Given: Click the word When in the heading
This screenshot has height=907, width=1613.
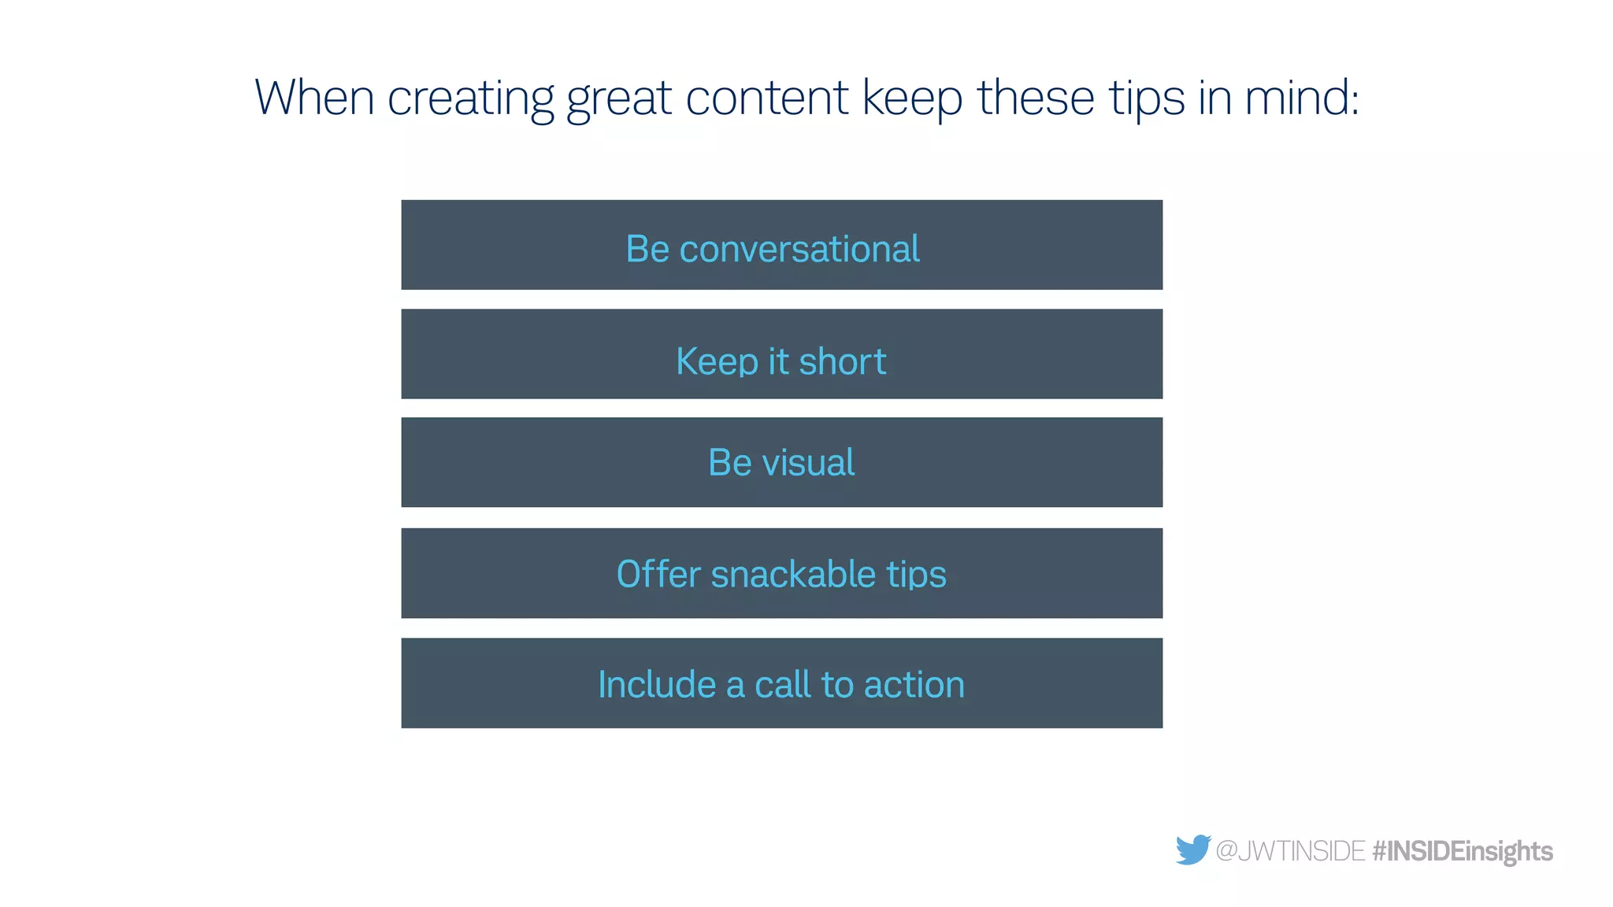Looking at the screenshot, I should click(x=314, y=98).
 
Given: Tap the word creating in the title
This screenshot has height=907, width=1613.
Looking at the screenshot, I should click(x=471, y=100).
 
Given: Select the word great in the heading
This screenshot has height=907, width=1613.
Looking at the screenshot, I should click(x=618, y=100).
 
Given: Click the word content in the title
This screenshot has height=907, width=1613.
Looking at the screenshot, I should click(x=766, y=98).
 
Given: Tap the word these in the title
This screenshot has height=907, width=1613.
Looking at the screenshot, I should click(x=1036, y=98).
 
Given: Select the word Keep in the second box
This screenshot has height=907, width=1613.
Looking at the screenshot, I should click(x=717, y=362).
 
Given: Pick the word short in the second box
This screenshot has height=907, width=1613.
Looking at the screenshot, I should click(x=842, y=361).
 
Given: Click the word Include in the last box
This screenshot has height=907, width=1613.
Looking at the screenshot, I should click(x=657, y=684).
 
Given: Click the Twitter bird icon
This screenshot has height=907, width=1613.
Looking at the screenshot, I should click(x=1192, y=850).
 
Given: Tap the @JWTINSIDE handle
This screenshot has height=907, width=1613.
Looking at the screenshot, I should click(x=1290, y=851).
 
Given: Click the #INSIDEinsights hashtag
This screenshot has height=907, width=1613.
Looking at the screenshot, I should click(x=1463, y=851).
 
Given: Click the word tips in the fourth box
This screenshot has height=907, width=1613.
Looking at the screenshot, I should click(x=917, y=575).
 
